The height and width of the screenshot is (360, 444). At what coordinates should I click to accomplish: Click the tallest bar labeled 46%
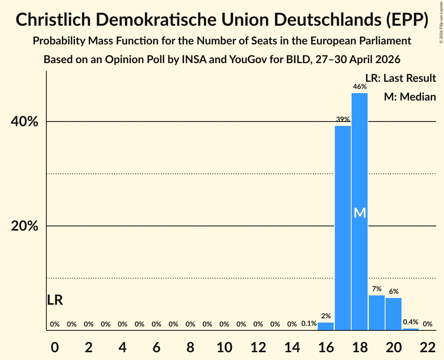click(x=360, y=212)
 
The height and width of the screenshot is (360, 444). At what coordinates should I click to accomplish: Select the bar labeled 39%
click(x=343, y=228)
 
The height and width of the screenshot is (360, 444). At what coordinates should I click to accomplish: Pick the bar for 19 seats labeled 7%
click(x=377, y=313)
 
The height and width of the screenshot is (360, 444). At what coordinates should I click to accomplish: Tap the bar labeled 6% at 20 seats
click(x=394, y=314)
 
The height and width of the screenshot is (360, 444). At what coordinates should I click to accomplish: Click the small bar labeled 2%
click(x=325, y=326)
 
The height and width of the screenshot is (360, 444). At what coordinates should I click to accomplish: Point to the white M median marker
click(x=360, y=213)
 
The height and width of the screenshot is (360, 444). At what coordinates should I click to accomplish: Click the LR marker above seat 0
click(x=55, y=300)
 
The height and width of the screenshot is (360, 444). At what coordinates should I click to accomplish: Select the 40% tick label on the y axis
click(x=24, y=122)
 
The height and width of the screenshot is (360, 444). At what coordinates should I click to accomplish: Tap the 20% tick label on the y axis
click(x=24, y=226)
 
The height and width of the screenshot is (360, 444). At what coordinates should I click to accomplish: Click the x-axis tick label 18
click(x=360, y=347)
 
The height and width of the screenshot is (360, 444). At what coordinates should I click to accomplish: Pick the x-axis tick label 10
click(x=224, y=347)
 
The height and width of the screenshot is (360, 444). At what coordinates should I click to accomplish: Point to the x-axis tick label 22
click(x=428, y=347)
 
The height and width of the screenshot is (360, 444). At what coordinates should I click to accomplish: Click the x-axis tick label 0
click(x=55, y=347)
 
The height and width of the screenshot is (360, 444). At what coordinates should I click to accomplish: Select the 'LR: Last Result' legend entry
click(x=400, y=78)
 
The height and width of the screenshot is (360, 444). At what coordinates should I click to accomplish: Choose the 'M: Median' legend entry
click(x=410, y=97)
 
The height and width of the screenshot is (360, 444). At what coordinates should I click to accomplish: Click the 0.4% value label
click(x=410, y=322)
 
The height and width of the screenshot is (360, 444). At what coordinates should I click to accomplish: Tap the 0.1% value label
click(x=309, y=323)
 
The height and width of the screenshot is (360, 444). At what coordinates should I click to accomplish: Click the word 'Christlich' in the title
click(x=53, y=19)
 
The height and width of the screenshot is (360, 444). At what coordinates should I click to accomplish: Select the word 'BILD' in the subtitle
click(x=297, y=60)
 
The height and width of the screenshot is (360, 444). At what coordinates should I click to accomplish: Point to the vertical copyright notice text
click(x=441, y=22)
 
